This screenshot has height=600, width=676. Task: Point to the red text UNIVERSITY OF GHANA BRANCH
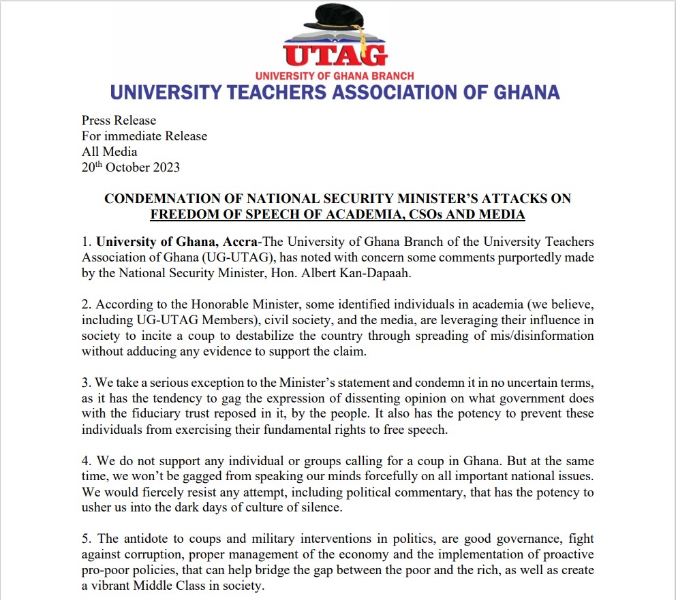click(334, 76)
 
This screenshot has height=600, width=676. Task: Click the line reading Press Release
click(119, 121)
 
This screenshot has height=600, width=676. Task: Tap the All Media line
click(109, 151)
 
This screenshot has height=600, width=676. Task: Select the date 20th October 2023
click(131, 167)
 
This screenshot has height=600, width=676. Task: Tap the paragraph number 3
click(85, 383)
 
